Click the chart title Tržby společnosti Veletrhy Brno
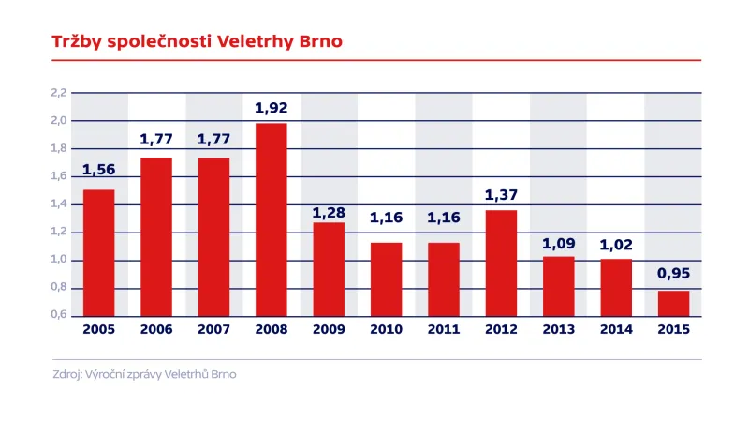coord(196,42)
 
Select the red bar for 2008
coord(271,220)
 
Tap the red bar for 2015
coord(672,304)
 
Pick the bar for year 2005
coord(98,253)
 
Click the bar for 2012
coord(501,263)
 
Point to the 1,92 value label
coord(271,108)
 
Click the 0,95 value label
coord(672,276)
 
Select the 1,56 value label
coord(98,170)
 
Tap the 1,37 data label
coord(501,195)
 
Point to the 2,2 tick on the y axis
coord(58,93)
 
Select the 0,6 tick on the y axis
coord(58,316)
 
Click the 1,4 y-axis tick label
coord(58,204)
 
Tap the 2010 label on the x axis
coord(386,330)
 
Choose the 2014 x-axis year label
coord(615,330)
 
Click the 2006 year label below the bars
coord(156,330)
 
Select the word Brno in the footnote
coord(222,375)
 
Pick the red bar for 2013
coord(558,286)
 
